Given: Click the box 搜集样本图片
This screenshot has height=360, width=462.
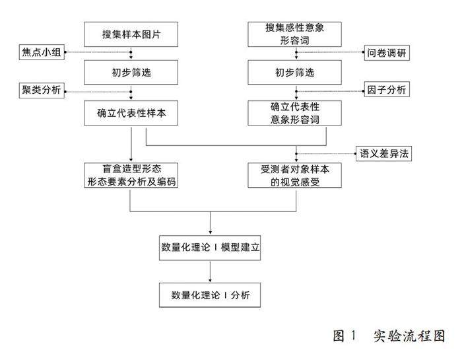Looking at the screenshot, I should coord(131,34).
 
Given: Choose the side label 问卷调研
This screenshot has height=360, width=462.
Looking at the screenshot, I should coord(387,53).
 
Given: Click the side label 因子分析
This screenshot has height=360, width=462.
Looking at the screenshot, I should coord(387,89).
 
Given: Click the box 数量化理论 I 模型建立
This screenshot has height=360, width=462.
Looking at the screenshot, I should coord(211,248).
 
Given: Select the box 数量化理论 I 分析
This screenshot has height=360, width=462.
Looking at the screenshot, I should coord(211,294).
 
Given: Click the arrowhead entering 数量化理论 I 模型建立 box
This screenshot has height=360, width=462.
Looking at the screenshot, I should coord(211,231).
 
